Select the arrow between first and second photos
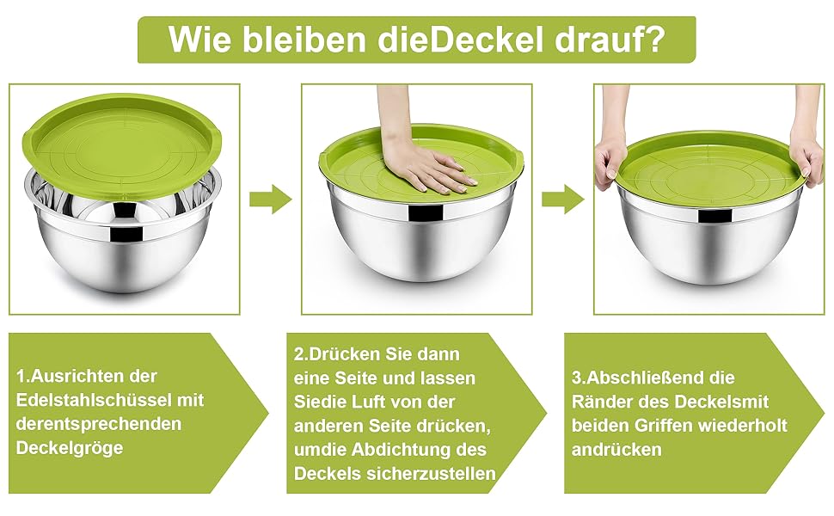[271, 200]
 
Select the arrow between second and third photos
[563, 200]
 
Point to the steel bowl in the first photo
[122, 234]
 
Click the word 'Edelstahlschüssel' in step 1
[93, 400]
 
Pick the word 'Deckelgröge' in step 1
[70, 448]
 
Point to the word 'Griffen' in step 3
[663, 426]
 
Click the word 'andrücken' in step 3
[617, 450]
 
